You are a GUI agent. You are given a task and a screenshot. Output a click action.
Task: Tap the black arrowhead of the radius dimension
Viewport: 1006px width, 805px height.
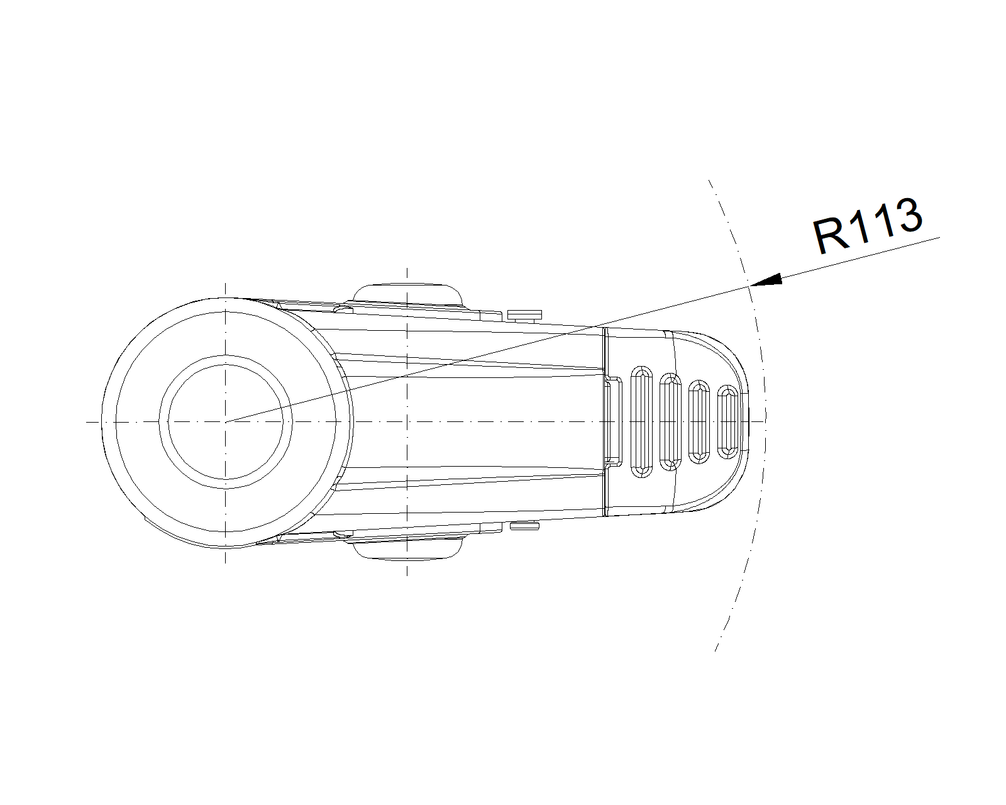coord(766,279)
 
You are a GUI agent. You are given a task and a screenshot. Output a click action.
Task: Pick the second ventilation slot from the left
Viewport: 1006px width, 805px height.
coord(670,422)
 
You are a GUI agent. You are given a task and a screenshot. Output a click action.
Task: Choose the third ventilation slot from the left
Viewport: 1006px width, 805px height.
coord(699,422)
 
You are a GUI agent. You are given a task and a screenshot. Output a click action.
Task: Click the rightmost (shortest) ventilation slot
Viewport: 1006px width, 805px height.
coord(727,422)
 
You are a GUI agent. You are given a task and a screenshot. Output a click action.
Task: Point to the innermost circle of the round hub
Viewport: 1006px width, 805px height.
coord(225,365)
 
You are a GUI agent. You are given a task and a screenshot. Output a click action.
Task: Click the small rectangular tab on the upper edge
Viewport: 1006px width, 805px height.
coord(524,314)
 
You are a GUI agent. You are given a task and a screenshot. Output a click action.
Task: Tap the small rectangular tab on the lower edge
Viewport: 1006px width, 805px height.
coord(524,526)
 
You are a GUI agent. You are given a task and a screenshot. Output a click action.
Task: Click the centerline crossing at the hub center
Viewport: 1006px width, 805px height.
coord(225,422)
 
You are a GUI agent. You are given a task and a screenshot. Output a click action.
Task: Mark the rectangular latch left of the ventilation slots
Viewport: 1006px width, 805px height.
coord(613,422)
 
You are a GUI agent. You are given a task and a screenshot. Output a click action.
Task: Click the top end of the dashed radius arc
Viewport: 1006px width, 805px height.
coord(709,180)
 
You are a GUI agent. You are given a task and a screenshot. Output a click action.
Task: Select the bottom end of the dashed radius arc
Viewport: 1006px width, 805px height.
coord(716,651)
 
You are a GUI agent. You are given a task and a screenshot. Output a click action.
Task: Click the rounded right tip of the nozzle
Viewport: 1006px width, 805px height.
coord(749,422)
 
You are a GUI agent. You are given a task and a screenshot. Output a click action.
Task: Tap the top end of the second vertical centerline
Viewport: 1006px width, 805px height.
coord(407,269)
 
